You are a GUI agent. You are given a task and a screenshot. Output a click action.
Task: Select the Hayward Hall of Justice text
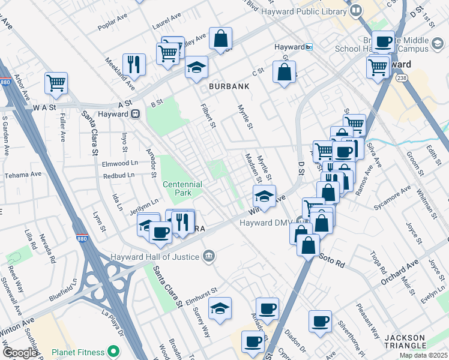(x=153, y=257)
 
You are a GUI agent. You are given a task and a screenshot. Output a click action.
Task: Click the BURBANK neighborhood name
(x=229, y=86)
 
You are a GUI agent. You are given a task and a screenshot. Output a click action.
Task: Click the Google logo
(x=20, y=353)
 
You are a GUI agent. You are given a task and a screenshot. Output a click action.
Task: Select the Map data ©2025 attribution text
(x=423, y=355)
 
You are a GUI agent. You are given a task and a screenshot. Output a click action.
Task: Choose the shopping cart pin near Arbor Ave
(x=56, y=83)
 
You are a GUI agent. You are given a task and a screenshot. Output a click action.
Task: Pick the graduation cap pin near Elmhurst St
(x=220, y=308)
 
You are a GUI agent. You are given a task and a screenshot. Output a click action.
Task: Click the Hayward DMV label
(x=265, y=222)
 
